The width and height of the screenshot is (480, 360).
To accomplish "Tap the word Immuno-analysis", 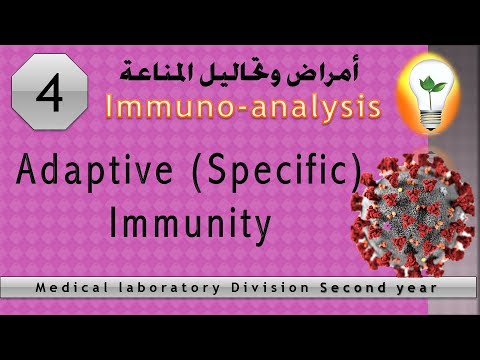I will tap(241, 106).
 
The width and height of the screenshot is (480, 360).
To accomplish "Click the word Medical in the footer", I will tap(73, 289).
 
